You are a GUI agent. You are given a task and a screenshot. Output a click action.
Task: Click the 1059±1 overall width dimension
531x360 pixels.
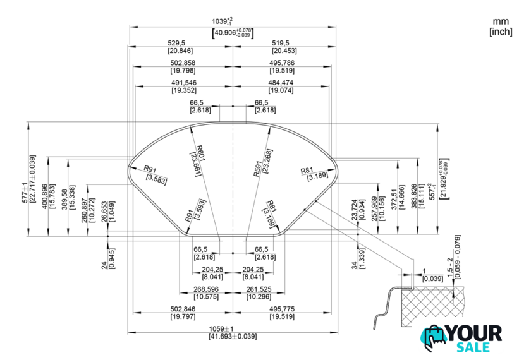point(233,328)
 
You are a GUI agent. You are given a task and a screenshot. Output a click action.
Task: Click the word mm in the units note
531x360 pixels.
point(500,21)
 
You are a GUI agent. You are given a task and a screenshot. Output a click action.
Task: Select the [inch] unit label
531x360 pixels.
point(500,32)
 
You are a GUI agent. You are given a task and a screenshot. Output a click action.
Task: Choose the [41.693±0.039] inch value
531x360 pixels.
point(233,337)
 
